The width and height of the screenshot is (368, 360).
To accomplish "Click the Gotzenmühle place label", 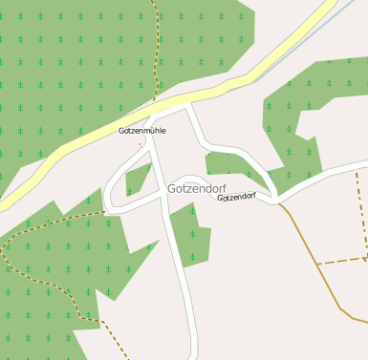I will pyautogui.click(x=141, y=130).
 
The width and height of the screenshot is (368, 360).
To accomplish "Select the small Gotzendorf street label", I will pyautogui.click(x=236, y=197).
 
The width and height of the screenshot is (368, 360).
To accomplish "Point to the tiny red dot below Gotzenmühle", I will pyautogui.click(x=141, y=144).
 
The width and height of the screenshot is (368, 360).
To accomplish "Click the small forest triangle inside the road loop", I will pyautogui.click(x=137, y=178).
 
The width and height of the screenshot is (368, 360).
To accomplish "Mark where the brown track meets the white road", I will pyautogui.click(x=278, y=202).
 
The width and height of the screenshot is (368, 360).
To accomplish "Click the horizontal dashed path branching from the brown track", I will pyautogui.click(x=340, y=260).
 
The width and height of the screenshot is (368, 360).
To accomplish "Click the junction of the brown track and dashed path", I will pyautogui.click(x=316, y=263).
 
